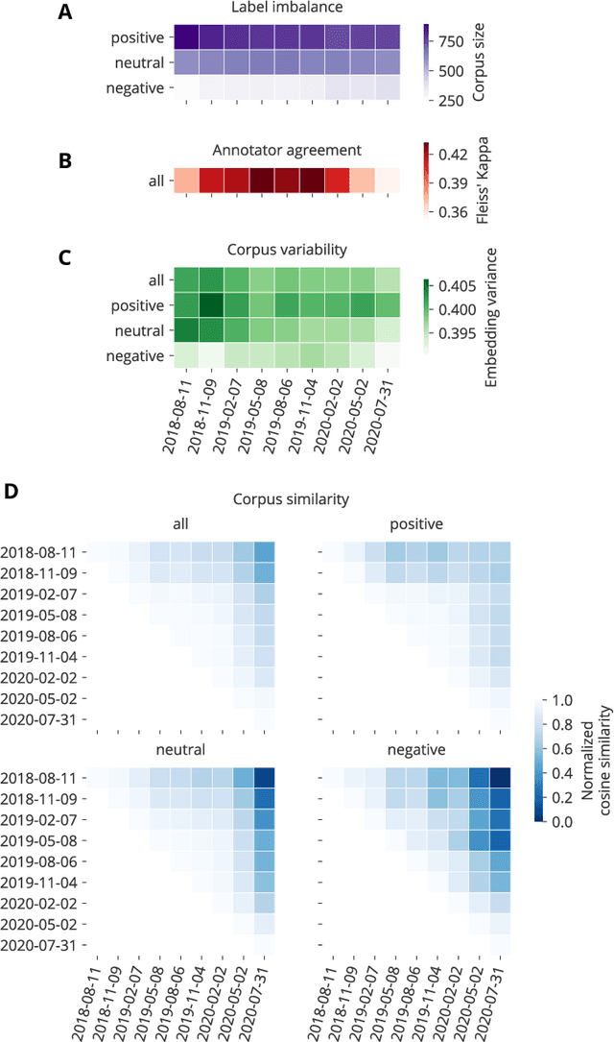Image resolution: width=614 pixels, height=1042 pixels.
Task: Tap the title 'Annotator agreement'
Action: (x=287, y=150)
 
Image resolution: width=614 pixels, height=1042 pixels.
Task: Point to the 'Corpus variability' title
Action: (x=287, y=250)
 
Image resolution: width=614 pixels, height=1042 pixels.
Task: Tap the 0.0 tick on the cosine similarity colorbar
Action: (x=550, y=794)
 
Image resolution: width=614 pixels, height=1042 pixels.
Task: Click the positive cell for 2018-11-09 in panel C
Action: (x=210, y=305)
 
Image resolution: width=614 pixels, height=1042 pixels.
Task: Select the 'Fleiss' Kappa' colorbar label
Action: (x=484, y=182)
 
